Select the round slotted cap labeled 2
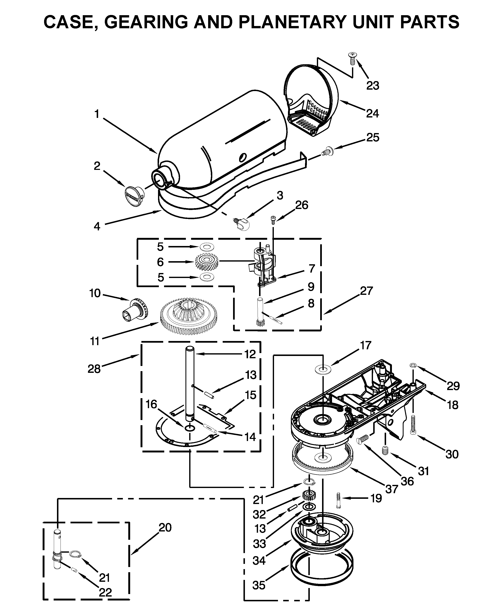[x=134, y=196]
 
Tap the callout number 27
[x=366, y=291]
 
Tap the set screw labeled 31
[x=385, y=451]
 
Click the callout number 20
[x=165, y=528]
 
